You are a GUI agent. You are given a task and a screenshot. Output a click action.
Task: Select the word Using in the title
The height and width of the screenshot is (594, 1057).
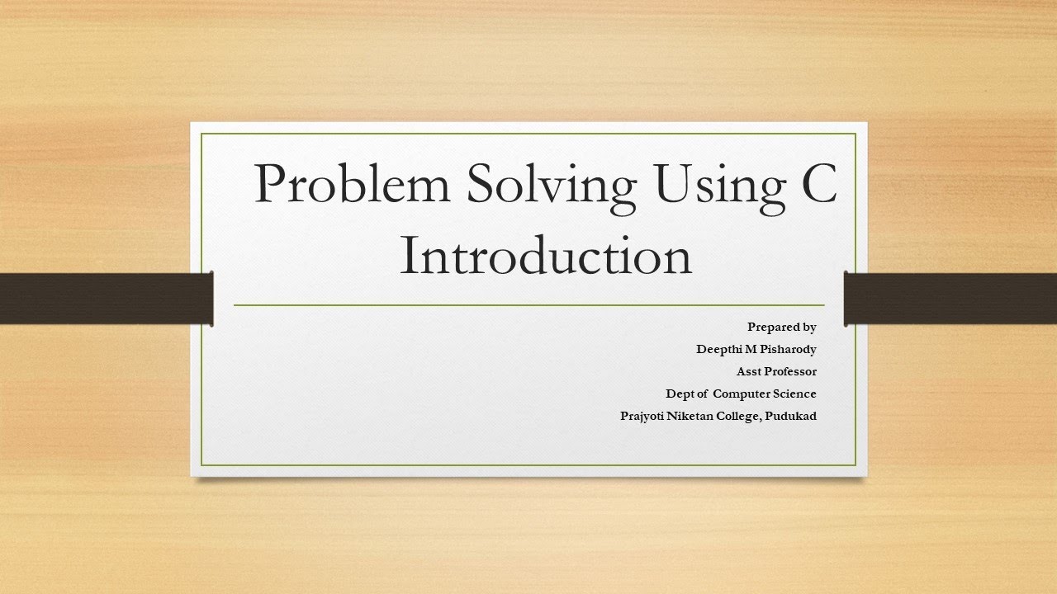[x=712, y=186]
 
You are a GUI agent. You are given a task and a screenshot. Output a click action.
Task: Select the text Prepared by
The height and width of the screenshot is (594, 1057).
[x=781, y=327]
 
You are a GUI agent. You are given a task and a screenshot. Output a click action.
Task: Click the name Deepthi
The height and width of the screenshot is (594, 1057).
[x=719, y=349]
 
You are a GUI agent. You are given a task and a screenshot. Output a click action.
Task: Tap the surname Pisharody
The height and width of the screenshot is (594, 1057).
[x=788, y=350]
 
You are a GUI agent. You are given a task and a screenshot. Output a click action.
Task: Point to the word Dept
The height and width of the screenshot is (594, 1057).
[x=681, y=394]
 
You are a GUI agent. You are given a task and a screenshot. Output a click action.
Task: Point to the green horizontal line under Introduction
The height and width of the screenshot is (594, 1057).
[x=528, y=305]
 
